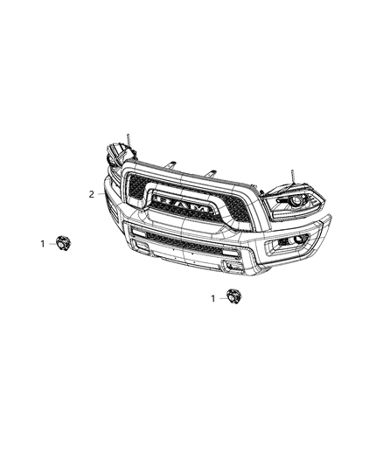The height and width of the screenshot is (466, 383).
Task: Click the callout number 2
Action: [91, 194]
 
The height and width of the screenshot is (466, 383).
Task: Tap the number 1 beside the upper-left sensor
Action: [41, 244]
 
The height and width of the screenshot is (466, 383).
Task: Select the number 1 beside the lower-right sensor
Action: [212, 298]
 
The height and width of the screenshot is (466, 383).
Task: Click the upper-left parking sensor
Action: [63, 244]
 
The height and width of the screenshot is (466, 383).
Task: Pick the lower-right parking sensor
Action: [233, 297]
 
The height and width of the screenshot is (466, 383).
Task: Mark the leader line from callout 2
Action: [104, 194]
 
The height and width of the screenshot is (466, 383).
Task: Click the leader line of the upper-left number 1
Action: [51, 244]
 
